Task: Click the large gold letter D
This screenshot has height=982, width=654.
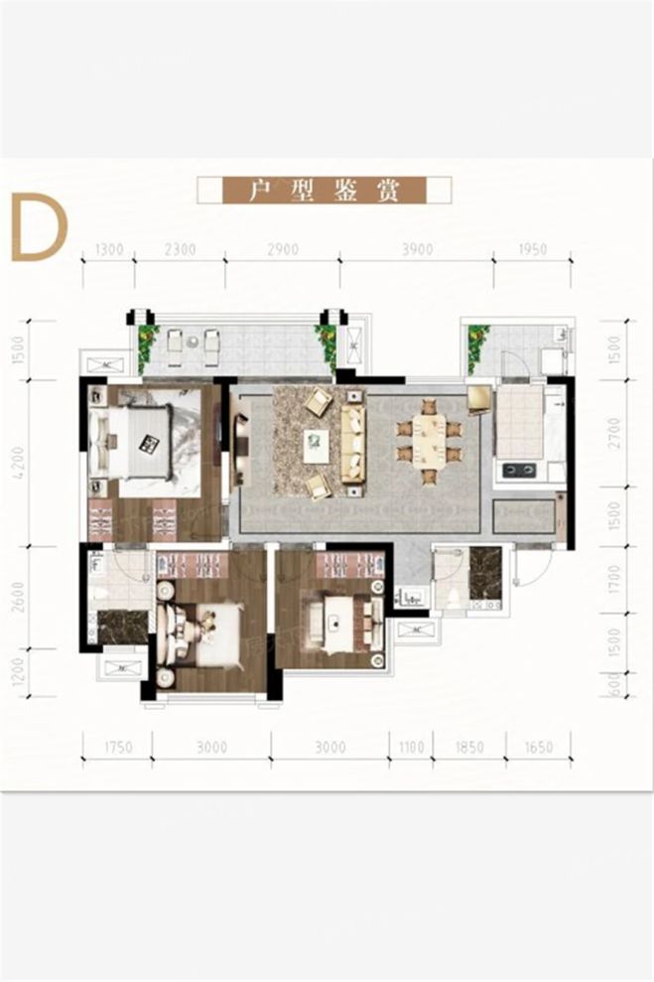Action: (38, 227)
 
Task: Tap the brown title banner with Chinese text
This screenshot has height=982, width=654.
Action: (324, 190)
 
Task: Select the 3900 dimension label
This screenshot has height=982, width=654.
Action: (416, 250)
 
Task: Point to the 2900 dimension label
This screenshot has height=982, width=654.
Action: (282, 250)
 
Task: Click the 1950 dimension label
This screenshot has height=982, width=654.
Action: (532, 250)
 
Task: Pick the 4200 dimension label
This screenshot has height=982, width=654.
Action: (19, 464)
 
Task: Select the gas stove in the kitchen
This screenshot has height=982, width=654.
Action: (518, 470)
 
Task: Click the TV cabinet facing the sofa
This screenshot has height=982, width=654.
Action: (238, 450)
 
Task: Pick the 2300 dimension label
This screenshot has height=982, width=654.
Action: (180, 250)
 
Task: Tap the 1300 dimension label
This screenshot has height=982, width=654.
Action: (110, 250)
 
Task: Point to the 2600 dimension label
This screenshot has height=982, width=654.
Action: (19, 598)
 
